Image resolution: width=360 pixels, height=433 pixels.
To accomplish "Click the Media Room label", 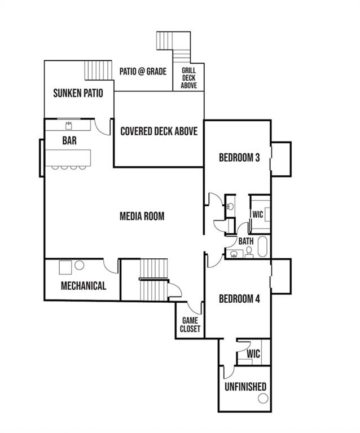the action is click(142, 216).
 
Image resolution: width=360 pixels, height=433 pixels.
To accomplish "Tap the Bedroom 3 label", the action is click(239, 157).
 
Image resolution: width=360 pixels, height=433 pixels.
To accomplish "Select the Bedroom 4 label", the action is click(239, 298).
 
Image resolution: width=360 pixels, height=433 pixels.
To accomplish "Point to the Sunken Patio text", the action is click(78, 93).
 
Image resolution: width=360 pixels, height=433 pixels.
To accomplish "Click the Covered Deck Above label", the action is click(159, 131).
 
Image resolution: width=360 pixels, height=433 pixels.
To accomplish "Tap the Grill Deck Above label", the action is click(189, 78).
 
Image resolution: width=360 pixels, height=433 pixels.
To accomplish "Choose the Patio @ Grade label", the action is click(143, 72).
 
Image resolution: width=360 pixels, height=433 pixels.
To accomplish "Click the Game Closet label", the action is click(190, 325).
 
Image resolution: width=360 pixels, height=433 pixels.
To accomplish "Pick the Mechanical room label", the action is click(84, 285).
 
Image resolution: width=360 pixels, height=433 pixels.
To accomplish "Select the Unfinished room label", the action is click(245, 387).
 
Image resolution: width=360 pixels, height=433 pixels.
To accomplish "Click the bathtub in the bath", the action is click(262, 246).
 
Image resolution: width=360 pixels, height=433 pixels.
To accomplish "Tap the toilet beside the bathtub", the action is click(249, 253).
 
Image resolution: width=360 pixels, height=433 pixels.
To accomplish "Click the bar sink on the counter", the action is click(69, 126).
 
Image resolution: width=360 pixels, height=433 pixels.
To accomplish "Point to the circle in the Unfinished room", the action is click(263, 399).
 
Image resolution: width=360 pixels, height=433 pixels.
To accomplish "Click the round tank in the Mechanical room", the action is click(80, 265).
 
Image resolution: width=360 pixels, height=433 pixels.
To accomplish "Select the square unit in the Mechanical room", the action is click(65, 267).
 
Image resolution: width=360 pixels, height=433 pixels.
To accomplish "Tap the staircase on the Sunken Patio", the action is click(98, 70).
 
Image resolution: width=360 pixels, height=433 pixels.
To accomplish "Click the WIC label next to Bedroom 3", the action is click(257, 214).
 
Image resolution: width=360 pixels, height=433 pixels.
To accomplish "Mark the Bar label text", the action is click(69, 140).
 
